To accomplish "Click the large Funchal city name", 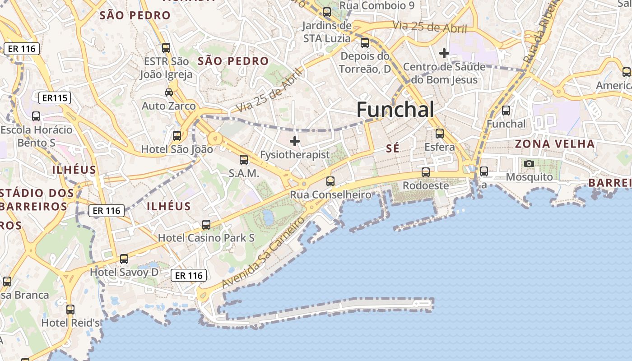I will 395,110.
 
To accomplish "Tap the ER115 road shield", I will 55,98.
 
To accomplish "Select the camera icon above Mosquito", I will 529,163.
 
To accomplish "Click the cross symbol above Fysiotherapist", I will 295,141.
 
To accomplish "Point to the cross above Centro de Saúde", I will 444,53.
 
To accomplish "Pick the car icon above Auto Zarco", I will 169,93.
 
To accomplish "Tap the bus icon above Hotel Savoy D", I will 124,259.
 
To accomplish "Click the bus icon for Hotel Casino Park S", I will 206,224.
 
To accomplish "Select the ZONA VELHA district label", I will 555,144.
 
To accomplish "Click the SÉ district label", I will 393,148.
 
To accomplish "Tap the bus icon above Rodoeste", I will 426,172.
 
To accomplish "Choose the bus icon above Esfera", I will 440,134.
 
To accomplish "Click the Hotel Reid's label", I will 70,323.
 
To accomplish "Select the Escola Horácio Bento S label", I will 36,136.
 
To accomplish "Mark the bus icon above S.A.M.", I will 244,159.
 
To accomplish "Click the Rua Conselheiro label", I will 330,195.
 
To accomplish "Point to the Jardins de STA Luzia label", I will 327,32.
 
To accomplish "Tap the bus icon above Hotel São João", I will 177,135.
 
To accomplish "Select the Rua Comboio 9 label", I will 376,5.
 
